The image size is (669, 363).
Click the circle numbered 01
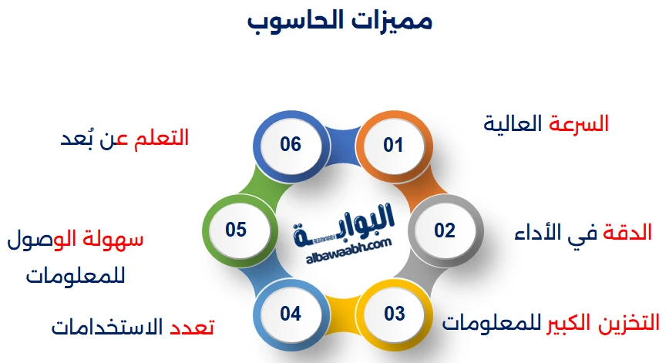[393, 144]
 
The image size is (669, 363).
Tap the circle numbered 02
[444, 230]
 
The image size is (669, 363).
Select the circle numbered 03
[394, 314]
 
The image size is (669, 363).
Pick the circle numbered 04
[290, 314]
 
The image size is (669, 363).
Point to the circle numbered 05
[236, 230]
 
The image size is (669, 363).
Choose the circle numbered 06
[290, 144]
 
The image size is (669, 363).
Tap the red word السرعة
[579, 123]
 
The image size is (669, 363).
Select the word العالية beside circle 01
[514, 123]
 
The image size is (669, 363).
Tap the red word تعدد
[191, 327]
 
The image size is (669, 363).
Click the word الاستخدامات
[108, 327]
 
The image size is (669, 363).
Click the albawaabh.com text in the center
[343, 244]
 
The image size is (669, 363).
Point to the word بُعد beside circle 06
[79, 139]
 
